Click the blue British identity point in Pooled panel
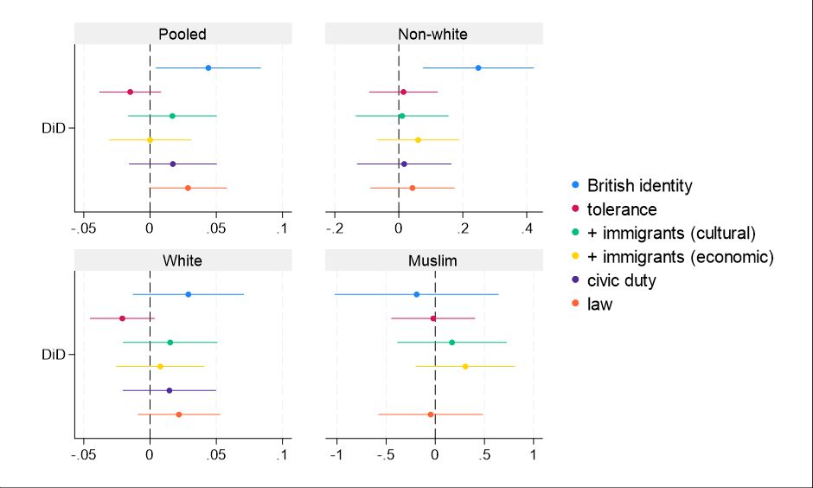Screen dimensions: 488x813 208,67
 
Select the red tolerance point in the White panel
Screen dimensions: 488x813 122,318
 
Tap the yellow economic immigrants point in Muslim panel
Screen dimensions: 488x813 465,367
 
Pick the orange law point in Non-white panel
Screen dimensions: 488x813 413,188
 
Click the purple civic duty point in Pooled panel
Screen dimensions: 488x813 173,164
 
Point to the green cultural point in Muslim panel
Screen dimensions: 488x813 451,343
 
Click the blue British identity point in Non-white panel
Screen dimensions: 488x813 478,67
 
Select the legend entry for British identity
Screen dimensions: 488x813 639,185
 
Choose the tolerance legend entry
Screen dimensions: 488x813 622,209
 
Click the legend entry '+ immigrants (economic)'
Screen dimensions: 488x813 680,257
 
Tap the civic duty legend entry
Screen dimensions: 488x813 622,280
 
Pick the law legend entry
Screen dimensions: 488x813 599,304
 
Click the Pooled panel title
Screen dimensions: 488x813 182,35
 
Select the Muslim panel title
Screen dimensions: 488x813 432,260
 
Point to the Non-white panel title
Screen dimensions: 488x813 432,35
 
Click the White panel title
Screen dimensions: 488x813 182,260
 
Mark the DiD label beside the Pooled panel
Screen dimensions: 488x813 54,129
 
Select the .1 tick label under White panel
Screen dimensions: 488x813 282,455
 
